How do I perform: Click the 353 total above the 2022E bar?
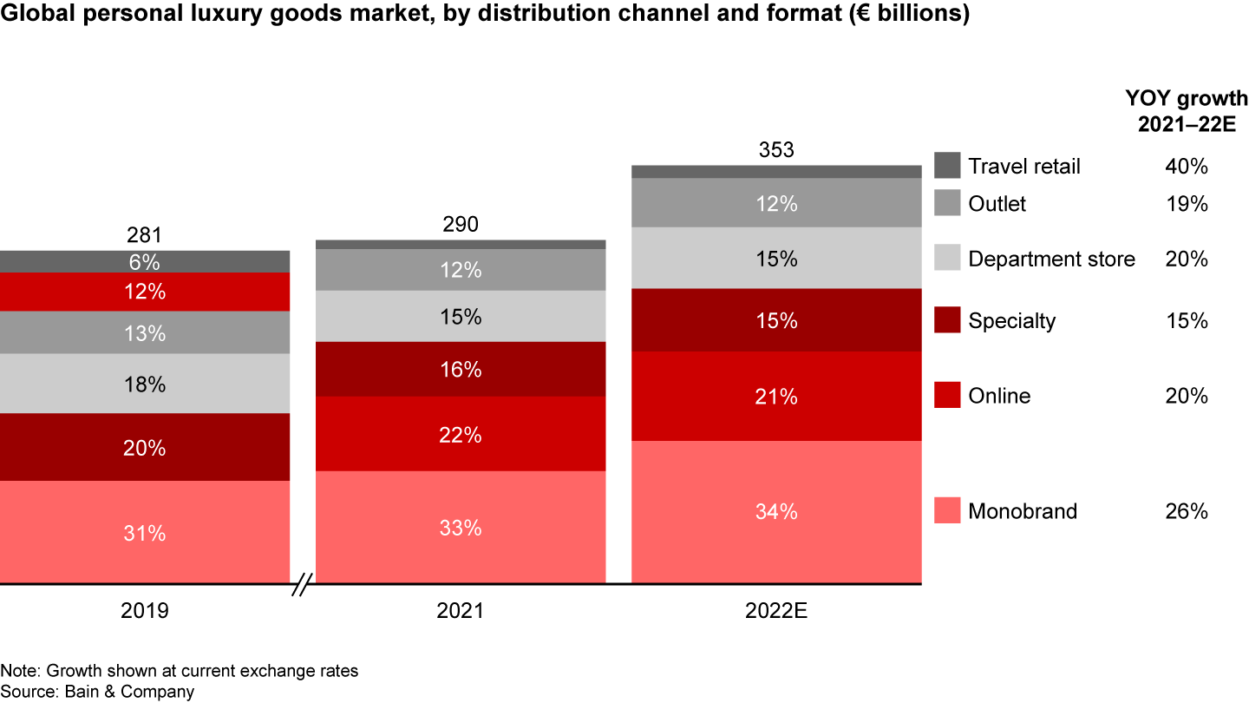pyautogui.click(x=776, y=150)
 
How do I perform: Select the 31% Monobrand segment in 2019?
pyautogui.click(x=145, y=532)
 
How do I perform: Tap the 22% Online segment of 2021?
pyautogui.click(x=461, y=434)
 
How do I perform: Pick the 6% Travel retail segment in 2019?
pyautogui.click(x=145, y=261)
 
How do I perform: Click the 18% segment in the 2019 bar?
pyautogui.click(x=145, y=384)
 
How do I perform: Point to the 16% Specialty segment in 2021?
pyautogui.click(x=461, y=370)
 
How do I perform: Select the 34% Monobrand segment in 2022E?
pyautogui.click(x=776, y=512)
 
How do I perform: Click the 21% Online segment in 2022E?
pyautogui.click(x=776, y=397)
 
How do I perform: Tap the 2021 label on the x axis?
pyautogui.click(x=461, y=611)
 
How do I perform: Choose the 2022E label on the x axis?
pyautogui.click(x=776, y=611)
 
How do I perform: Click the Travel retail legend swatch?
pyautogui.click(x=947, y=165)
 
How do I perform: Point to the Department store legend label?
pyautogui.click(x=1051, y=259)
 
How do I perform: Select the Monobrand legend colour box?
pyautogui.click(x=947, y=510)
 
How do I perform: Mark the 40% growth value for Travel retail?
pyautogui.click(x=1187, y=166)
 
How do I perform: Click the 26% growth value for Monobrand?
pyautogui.click(x=1187, y=511)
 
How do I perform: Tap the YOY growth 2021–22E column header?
pyautogui.click(x=1187, y=110)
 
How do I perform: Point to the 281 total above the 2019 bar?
pyautogui.click(x=145, y=235)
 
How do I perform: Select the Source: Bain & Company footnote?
pyautogui.click(x=97, y=692)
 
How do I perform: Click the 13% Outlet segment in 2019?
pyautogui.click(x=145, y=332)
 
